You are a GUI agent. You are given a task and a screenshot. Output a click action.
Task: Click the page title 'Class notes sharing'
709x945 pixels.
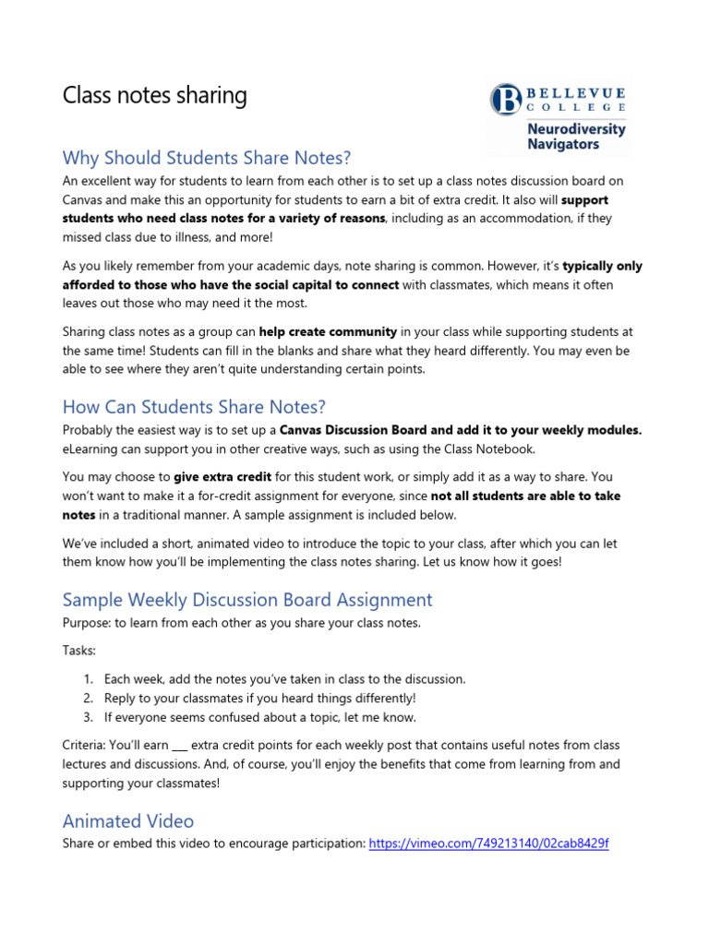click(154, 96)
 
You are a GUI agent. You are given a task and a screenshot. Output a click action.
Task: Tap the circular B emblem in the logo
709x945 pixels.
click(505, 100)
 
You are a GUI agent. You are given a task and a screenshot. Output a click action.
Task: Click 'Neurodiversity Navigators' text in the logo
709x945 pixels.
click(575, 137)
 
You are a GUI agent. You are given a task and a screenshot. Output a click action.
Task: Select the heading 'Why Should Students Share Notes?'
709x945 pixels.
click(207, 158)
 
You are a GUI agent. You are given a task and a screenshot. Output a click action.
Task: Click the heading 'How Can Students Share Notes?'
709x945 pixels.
click(194, 407)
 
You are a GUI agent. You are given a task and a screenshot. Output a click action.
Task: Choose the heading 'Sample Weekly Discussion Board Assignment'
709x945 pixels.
click(246, 600)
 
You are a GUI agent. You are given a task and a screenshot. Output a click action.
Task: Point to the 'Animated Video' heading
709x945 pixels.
click(127, 820)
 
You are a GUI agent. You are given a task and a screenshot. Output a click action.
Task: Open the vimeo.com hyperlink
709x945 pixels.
click(488, 843)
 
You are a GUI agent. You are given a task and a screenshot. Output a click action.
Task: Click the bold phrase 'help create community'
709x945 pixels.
click(341, 331)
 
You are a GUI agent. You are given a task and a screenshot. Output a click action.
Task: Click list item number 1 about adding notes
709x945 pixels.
click(284, 678)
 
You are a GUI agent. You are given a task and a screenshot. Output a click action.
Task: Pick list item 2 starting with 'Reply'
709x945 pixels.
click(259, 698)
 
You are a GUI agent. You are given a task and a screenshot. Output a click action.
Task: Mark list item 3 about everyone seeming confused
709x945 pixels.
click(259, 717)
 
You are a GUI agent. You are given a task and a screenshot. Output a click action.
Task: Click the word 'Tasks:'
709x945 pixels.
click(78, 650)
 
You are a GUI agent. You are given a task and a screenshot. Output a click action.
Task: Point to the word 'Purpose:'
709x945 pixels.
click(85, 623)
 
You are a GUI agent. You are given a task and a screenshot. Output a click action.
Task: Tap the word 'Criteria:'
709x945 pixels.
click(85, 745)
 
